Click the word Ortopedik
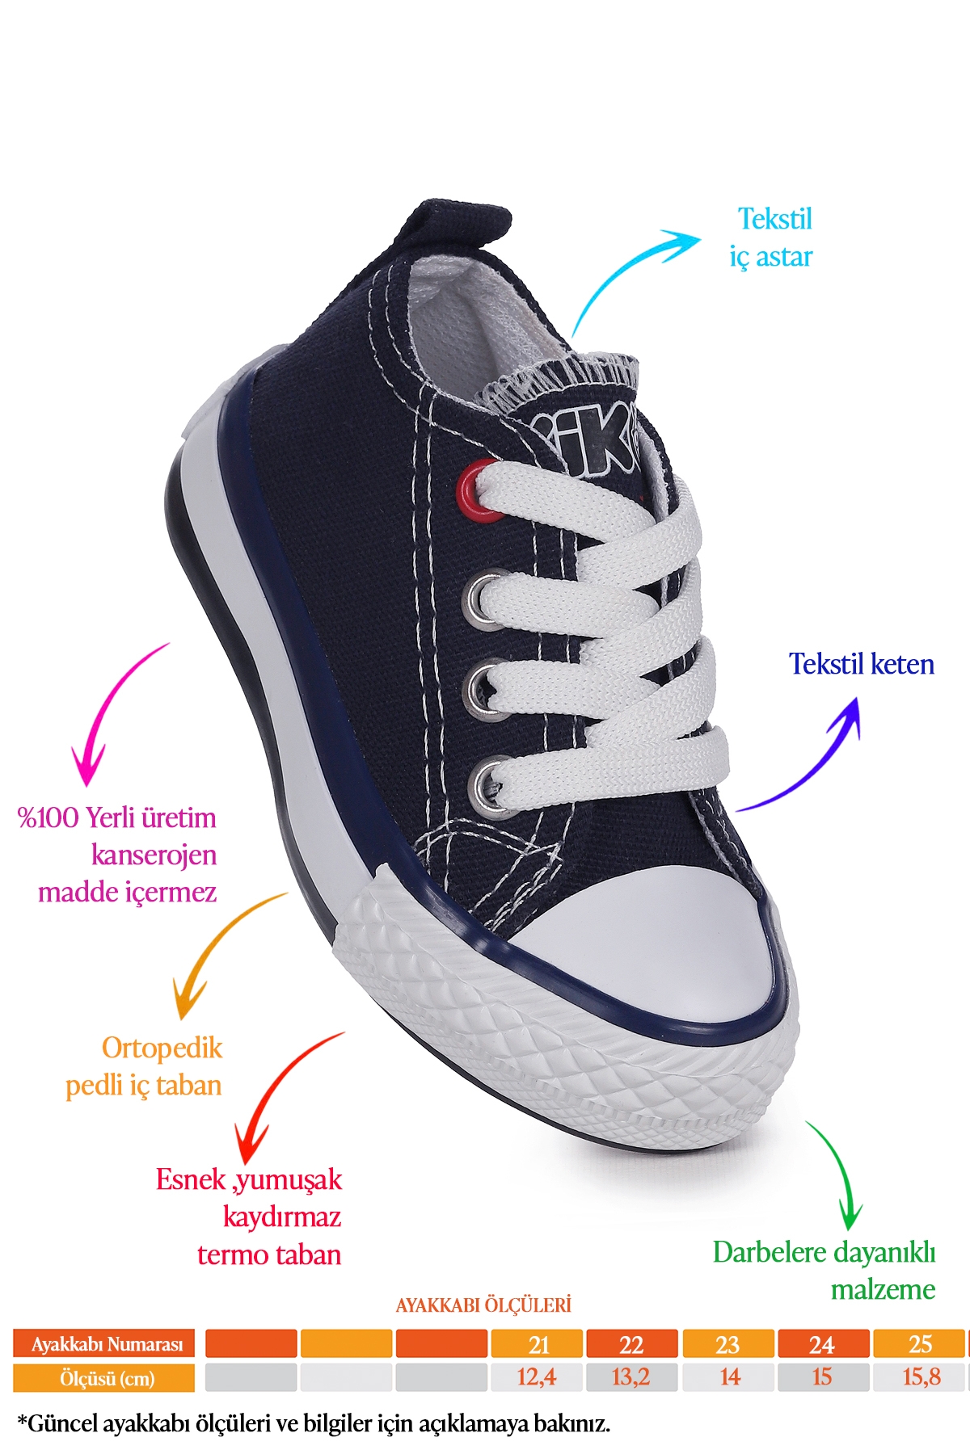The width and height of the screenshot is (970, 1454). pos(162,1048)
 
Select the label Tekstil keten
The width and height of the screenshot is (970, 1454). pos(862,664)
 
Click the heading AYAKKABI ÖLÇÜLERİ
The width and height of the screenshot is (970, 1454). pos(483,1305)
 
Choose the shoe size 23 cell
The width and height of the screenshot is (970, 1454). pos(727,1344)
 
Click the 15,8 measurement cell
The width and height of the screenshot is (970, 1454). pos(920,1377)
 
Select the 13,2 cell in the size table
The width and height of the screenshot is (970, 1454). pos(631,1377)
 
